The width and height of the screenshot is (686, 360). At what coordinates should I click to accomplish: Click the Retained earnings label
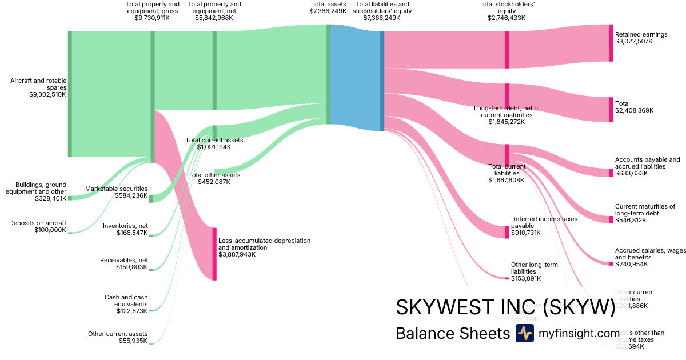tap(641, 34)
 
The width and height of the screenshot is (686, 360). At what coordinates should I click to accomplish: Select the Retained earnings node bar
tap(611, 43)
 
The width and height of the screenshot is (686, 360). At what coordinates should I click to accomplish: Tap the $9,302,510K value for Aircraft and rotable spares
tap(47, 95)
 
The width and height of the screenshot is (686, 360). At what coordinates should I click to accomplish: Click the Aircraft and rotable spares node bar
tap(70, 94)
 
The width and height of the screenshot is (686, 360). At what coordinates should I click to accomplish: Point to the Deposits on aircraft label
tap(38, 223)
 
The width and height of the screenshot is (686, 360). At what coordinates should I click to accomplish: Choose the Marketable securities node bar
tap(151, 198)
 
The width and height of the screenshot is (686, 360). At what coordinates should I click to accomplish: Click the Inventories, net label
tap(125, 226)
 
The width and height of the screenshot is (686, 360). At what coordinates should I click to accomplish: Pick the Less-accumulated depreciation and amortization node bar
tap(214, 254)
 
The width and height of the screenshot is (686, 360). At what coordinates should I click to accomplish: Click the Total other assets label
tap(214, 175)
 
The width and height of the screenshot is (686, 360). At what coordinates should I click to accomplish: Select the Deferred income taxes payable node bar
tap(506, 232)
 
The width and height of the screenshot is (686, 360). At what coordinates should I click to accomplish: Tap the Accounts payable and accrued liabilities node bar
tap(611, 173)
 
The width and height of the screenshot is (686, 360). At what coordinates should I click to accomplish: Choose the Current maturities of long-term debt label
tap(645, 210)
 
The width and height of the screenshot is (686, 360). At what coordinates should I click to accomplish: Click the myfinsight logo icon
tap(524, 333)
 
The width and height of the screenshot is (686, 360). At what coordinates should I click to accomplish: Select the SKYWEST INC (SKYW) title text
tap(505, 307)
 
